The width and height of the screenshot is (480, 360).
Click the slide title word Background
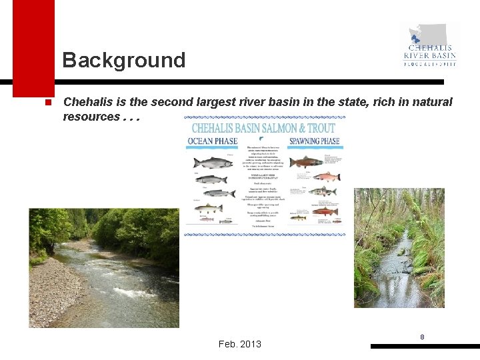click(124, 60)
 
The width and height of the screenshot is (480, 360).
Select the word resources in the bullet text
click(91, 117)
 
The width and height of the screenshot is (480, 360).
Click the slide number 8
click(422, 337)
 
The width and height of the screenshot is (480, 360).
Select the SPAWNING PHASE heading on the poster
click(314, 141)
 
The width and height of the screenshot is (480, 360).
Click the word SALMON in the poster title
click(276, 127)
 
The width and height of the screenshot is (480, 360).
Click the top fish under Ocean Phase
click(213, 162)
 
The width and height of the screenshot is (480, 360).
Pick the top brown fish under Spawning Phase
click(307, 161)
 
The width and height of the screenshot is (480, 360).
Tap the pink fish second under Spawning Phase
click(326, 177)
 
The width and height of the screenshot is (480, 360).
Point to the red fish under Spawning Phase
click(326, 211)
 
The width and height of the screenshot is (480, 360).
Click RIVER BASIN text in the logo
click(430, 56)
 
